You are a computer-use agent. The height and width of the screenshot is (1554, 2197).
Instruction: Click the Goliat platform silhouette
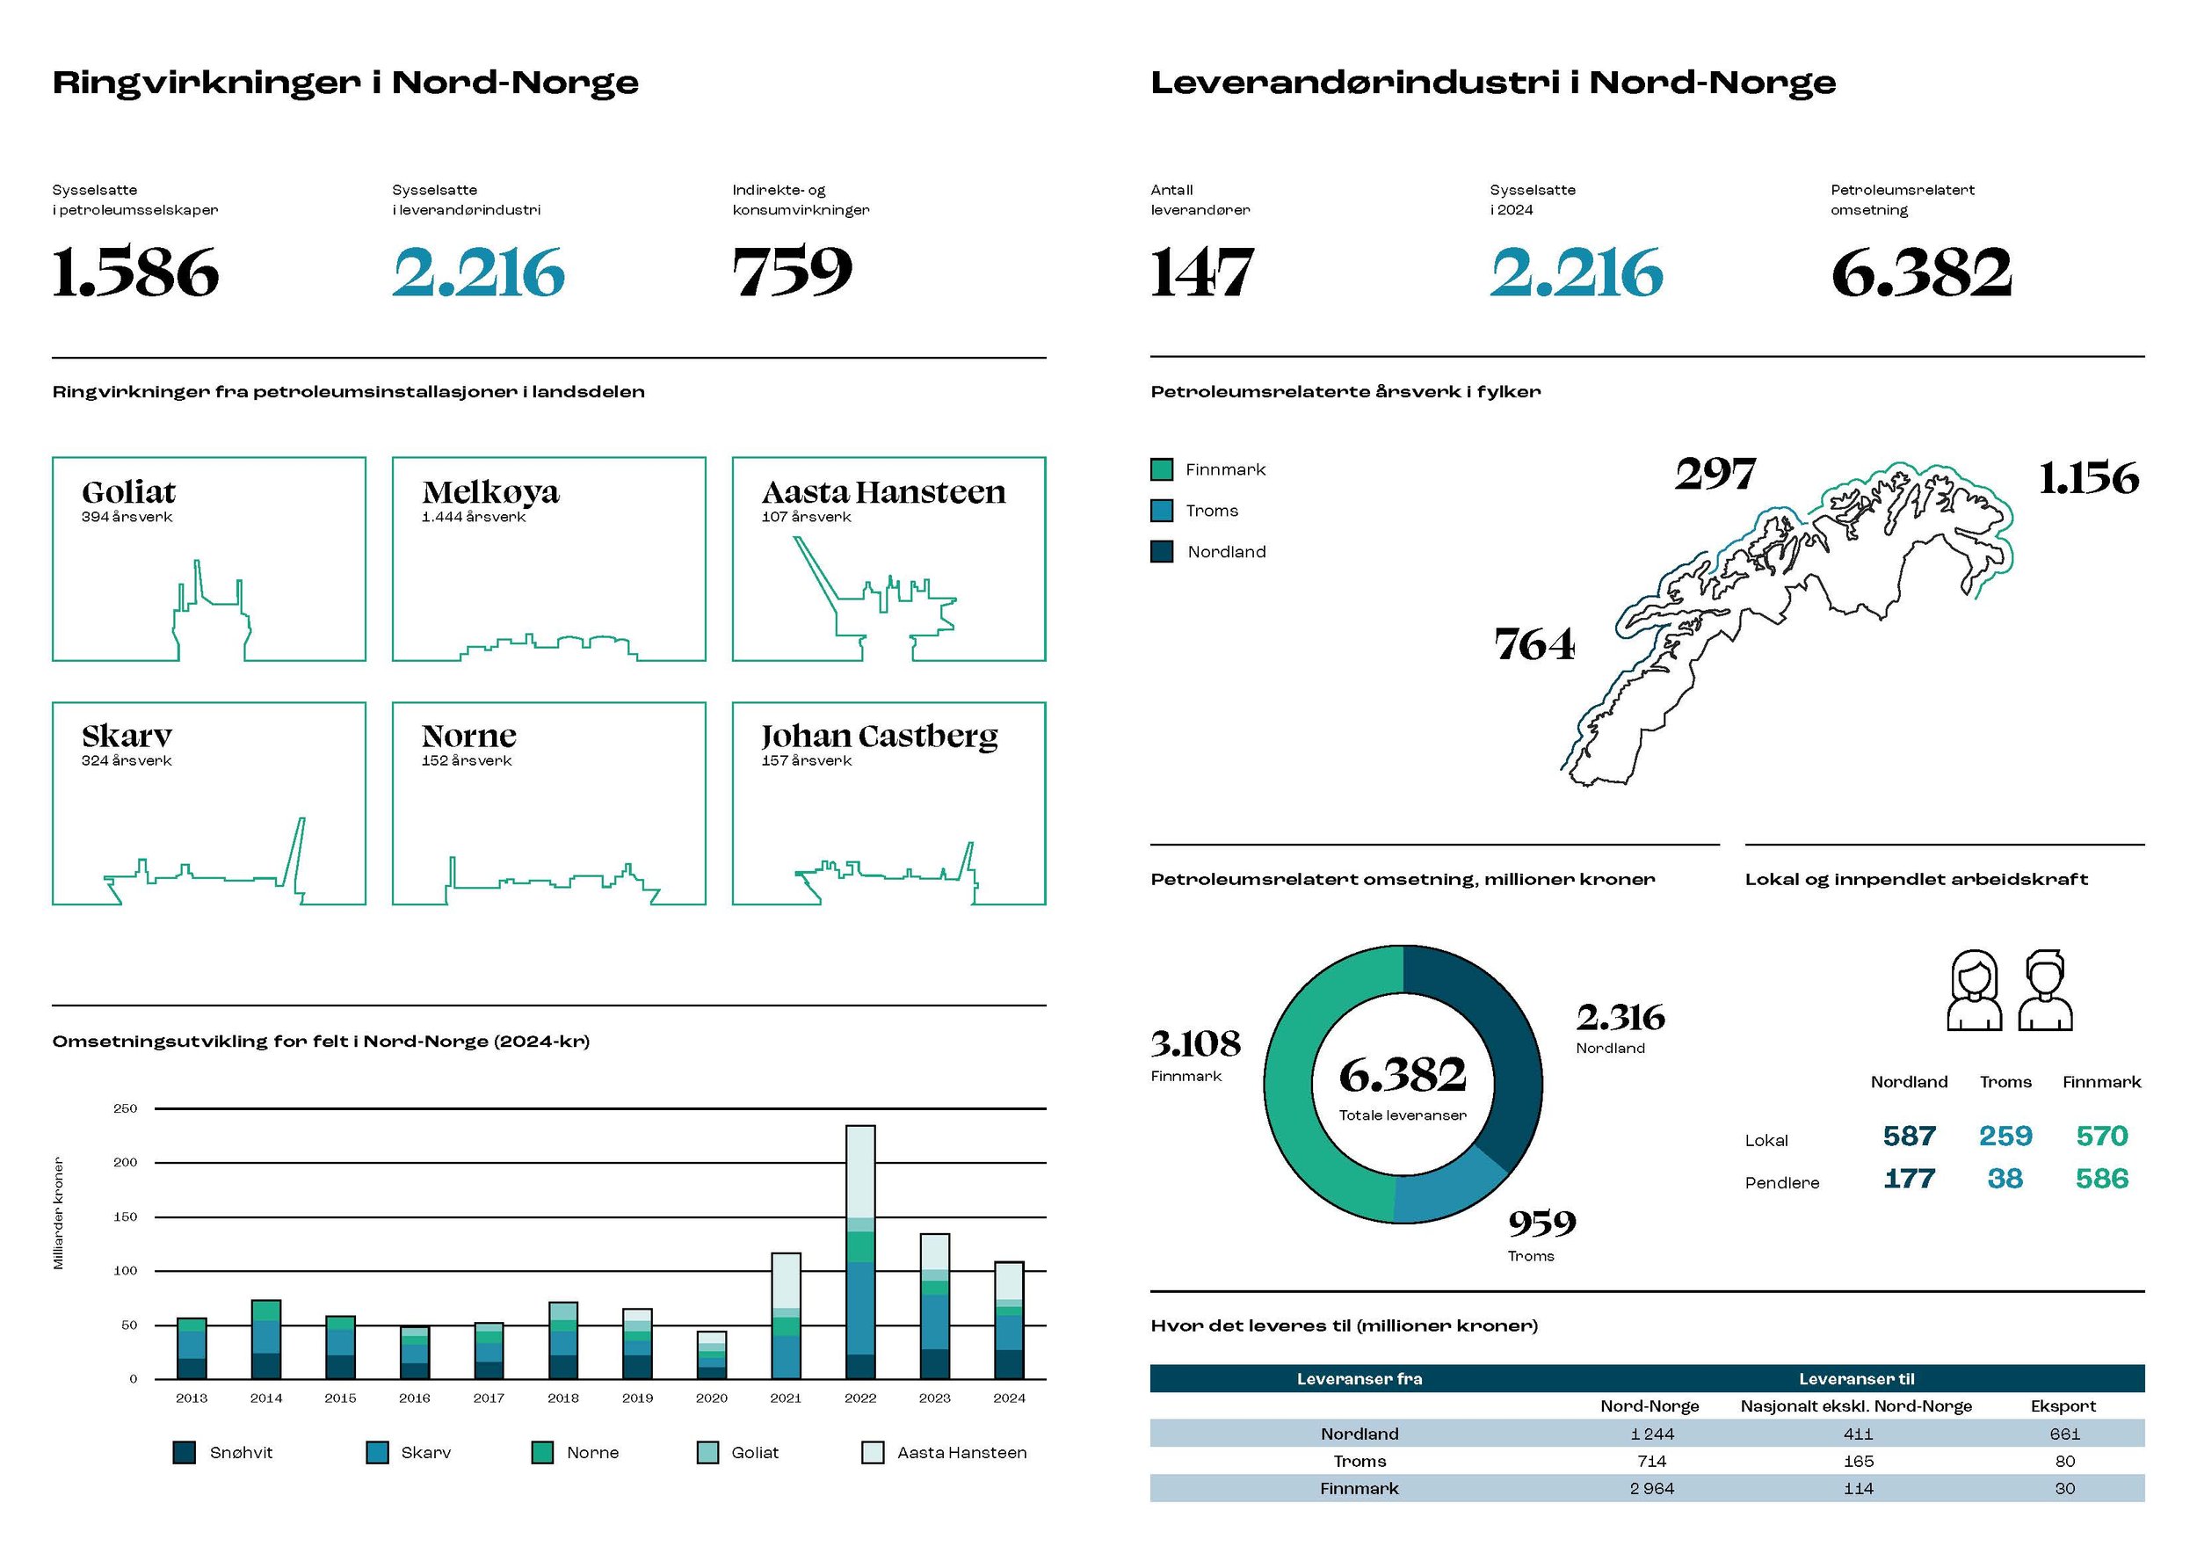coord(212,616)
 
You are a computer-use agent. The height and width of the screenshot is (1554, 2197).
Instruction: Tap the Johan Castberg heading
coord(880,736)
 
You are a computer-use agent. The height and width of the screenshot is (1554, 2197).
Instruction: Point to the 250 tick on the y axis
coord(126,1108)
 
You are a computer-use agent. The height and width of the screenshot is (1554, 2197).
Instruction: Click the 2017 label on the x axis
coord(488,1398)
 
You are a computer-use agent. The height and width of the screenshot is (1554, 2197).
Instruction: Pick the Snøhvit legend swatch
coord(185,1453)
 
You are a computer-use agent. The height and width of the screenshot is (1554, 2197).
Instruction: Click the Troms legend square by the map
coord(1162,511)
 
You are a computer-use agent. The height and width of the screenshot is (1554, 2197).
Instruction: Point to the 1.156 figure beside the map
coord(2088,478)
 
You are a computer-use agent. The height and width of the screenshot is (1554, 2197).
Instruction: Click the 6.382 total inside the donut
coord(1402,1076)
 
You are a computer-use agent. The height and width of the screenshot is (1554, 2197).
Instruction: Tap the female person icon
coord(1974,990)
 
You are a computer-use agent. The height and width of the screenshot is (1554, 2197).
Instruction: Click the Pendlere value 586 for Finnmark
coord(2101,1179)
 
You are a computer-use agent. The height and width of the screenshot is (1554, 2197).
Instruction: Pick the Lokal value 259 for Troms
coord(2005,1136)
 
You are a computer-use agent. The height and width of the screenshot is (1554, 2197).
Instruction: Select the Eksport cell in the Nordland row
coord(2064,1434)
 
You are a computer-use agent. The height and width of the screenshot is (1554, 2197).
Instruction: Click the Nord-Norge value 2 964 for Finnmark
coord(1651,1488)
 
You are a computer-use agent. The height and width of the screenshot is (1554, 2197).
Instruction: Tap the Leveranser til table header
coord(1856,1379)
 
